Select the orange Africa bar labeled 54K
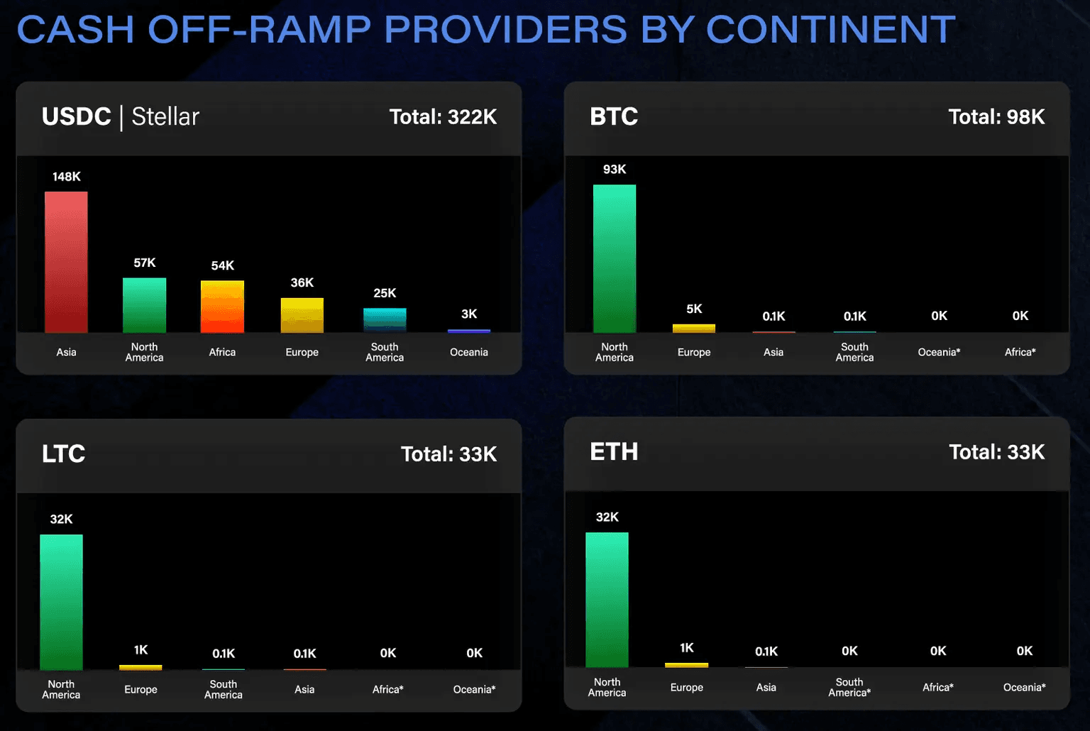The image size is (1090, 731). pos(222,307)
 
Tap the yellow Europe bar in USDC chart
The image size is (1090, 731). pos(302,315)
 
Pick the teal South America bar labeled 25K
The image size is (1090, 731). pos(385,320)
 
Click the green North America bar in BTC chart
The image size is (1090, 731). pos(615,258)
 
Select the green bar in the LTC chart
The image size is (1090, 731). pos(61,602)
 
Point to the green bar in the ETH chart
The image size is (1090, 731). pos(607,600)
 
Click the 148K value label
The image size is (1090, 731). pos(67,177)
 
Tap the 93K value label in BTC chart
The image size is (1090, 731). pos(615,170)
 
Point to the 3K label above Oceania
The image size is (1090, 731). pos(469,314)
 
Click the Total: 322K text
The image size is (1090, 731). pos(443,117)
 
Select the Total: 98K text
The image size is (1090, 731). pos(996,117)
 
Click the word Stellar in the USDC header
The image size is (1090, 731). pos(165,116)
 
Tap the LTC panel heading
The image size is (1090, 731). pos(63,454)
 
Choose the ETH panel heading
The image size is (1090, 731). pos(614,452)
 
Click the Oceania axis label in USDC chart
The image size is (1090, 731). pos(469,352)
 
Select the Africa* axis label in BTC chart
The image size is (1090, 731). pos(1020,352)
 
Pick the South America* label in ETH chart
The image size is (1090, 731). pos(849,687)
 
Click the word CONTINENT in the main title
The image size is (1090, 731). pos(831,30)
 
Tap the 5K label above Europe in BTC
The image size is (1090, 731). pos(694,309)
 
